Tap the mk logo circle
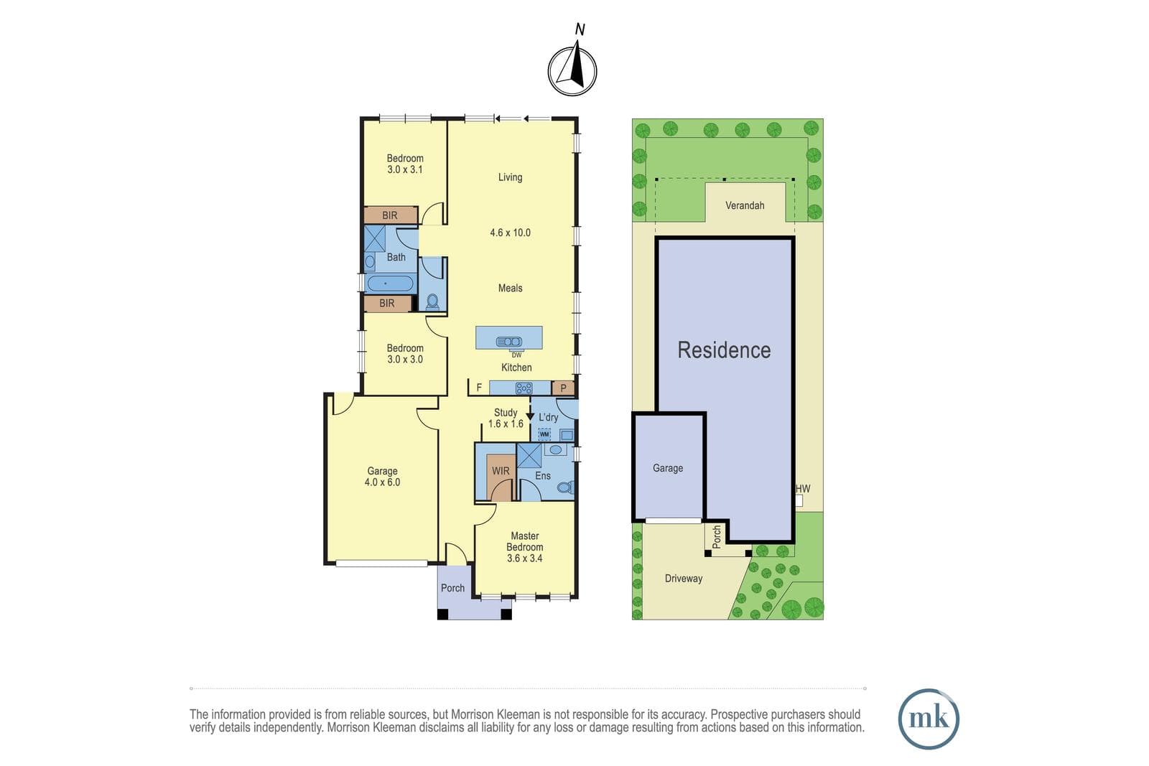pyautogui.click(x=929, y=719)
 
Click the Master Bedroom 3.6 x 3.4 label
pyautogui.click(x=525, y=547)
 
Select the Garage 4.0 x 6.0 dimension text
pyautogui.click(x=382, y=482)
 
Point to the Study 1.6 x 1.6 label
pyautogui.click(x=506, y=418)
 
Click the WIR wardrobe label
pyautogui.click(x=501, y=471)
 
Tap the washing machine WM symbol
pyautogui.click(x=544, y=434)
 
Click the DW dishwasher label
pyautogui.click(x=516, y=355)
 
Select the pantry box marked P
pyautogui.click(x=563, y=388)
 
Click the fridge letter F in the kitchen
pyautogui.click(x=479, y=388)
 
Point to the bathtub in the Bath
pyautogui.click(x=389, y=284)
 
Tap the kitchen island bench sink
pyautogui.click(x=509, y=342)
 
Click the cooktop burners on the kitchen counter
pyautogui.click(x=524, y=388)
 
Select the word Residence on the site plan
pyautogui.click(x=724, y=350)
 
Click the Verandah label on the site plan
pyautogui.click(x=745, y=205)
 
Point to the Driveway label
pyautogui.click(x=683, y=579)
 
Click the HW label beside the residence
pyautogui.click(x=803, y=489)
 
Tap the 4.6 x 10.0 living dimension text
pyautogui.click(x=510, y=233)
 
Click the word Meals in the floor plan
pyautogui.click(x=511, y=288)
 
